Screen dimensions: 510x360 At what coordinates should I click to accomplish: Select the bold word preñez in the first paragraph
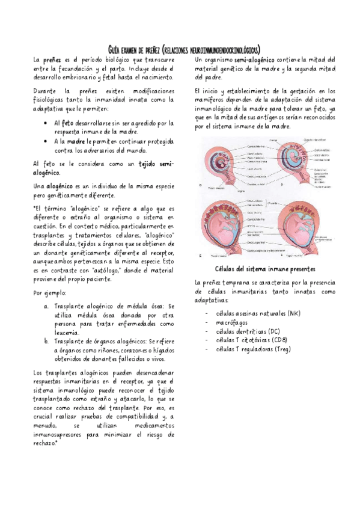51,60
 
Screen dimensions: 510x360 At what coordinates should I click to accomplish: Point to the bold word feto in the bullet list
68,123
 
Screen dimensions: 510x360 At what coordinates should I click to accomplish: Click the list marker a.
47,306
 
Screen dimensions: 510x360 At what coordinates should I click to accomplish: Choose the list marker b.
47,340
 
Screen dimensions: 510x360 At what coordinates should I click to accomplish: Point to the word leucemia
66,332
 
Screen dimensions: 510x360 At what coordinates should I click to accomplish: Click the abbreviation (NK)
293,314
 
